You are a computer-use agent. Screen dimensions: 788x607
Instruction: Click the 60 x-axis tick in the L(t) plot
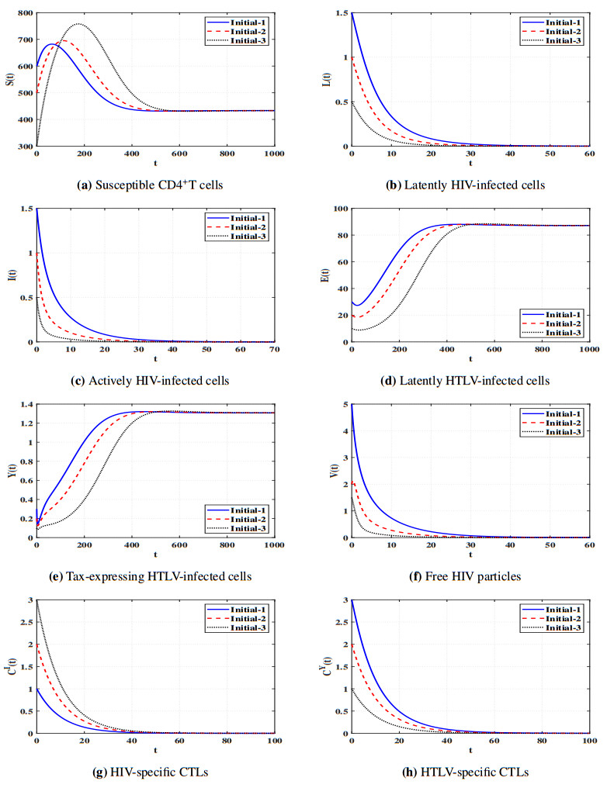coord(589,154)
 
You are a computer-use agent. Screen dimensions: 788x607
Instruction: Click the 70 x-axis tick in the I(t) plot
coord(274,350)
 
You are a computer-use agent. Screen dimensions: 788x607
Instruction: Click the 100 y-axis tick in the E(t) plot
coord(336,209)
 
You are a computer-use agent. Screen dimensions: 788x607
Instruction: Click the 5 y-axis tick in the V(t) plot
coord(342,404)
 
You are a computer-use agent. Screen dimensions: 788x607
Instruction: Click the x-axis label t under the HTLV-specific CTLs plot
coord(470,750)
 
